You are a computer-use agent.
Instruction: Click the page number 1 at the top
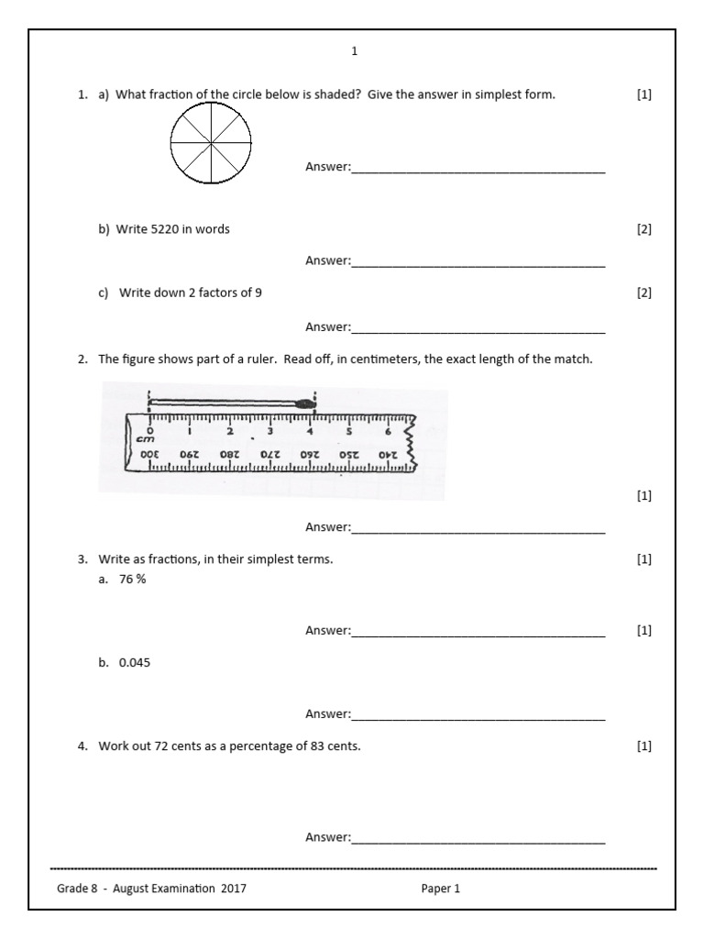click(355, 51)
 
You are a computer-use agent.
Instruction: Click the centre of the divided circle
click(211, 142)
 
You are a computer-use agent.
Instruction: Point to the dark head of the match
click(307, 401)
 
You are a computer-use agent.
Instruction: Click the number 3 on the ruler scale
click(270, 431)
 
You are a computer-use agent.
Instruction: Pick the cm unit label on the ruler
click(145, 439)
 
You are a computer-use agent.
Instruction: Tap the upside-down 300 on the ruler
click(148, 454)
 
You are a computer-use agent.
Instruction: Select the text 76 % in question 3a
click(132, 579)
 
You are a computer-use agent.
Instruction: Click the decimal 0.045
click(135, 662)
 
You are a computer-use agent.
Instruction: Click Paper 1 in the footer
click(440, 888)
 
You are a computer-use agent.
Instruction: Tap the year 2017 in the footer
click(232, 888)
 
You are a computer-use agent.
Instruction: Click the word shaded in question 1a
click(342, 94)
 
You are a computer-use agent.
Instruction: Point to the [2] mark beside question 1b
click(643, 229)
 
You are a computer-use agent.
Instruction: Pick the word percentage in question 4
click(263, 746)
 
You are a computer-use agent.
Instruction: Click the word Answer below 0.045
click(327, 713)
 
